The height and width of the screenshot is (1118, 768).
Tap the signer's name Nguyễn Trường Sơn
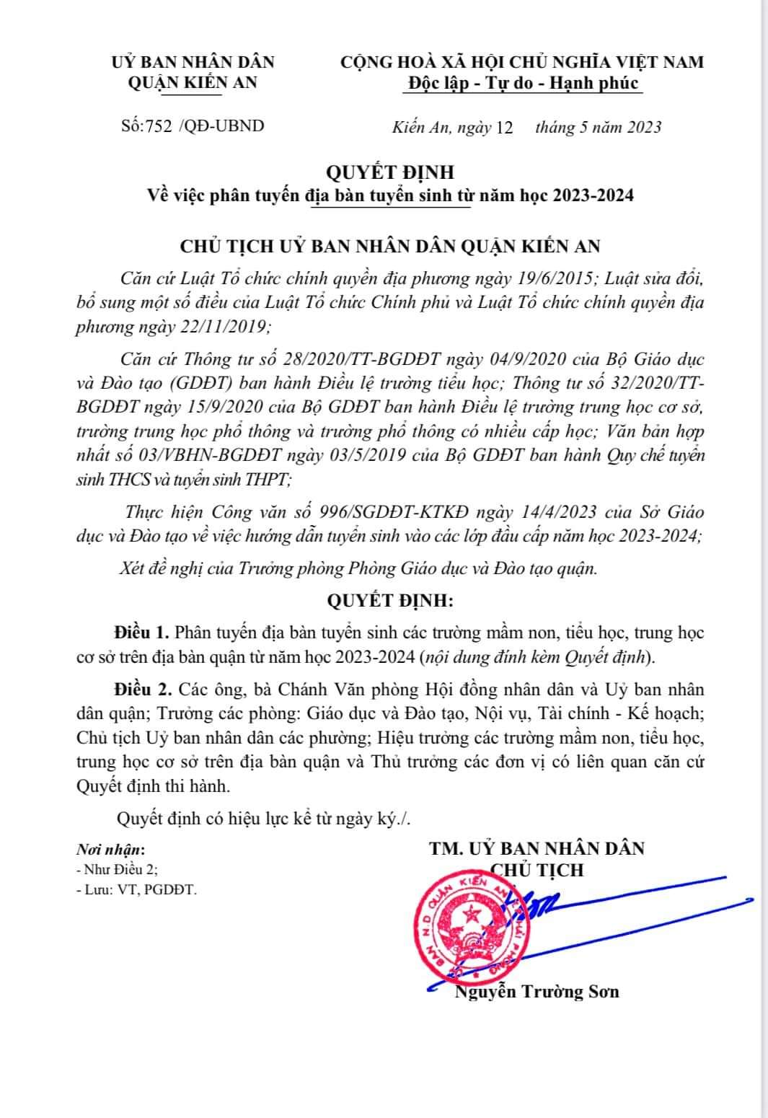pos(537,992)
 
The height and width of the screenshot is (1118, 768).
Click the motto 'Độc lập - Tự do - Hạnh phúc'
pos(523,83)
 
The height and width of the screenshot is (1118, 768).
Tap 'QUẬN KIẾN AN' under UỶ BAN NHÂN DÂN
pos(192,83)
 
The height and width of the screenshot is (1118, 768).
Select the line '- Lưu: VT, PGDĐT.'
pos(136,890)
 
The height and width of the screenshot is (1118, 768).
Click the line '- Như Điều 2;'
pos(116,870)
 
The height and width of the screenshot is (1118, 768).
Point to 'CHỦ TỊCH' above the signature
pos(537,870)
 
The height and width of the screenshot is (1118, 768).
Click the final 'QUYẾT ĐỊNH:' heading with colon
pos(390,600)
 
